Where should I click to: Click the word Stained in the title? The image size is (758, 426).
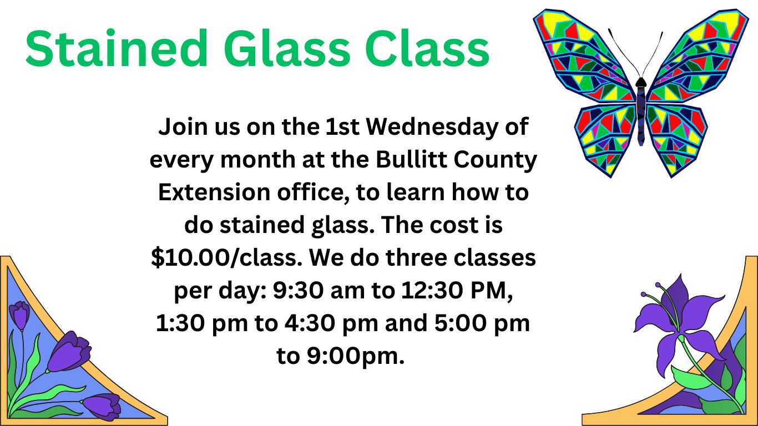click(x=117, y=48)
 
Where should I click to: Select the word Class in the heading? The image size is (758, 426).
click(x=427, y=48)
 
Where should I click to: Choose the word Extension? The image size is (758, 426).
click(x=214, y=192)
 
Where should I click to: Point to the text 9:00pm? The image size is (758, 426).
click(x=356, y=357)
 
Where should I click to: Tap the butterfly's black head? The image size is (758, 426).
click(x=640, y=82)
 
